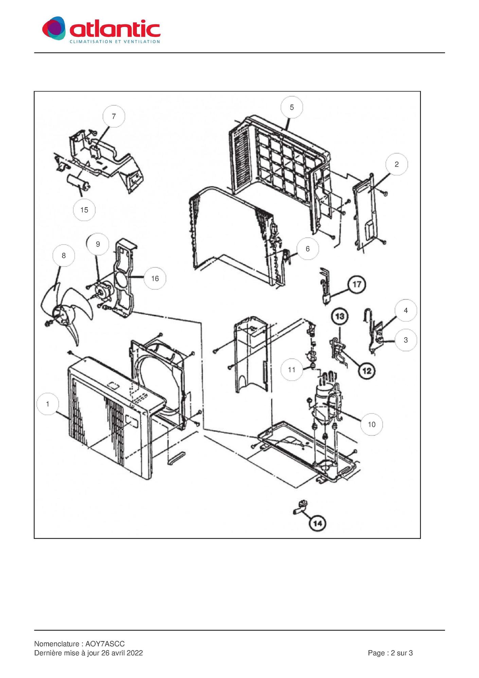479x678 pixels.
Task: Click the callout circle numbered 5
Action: tap(291, 107)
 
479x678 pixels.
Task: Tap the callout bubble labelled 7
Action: tap(114, 116)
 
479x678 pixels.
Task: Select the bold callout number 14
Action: tap(317, 523)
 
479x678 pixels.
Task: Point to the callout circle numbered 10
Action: tap(372, 424)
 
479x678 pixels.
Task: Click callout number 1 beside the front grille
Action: tap(48, 404)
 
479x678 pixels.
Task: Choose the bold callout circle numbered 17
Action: tap(357, 284)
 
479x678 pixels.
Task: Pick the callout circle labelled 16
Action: tap(155, 278)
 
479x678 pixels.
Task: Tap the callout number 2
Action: tap(396, 164)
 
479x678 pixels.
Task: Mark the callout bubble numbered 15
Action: tap(84, 210)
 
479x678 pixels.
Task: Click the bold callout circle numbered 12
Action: tap(367, 370)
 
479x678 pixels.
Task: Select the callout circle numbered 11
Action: tap(292, 370)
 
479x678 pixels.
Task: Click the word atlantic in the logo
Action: tap(115, 29)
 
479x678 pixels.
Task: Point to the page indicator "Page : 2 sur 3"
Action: tap(390, 653)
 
